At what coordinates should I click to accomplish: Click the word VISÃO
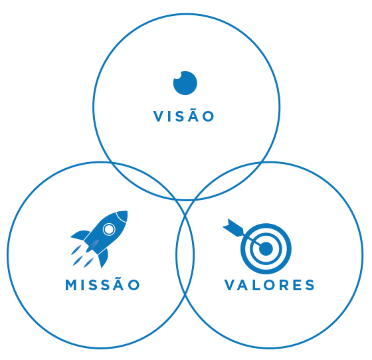point(184,116)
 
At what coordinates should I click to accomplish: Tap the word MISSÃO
point(102,284)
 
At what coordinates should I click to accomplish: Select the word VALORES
point(269,285)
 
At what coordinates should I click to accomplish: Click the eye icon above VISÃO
point(185,83)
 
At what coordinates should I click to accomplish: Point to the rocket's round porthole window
point(109,229)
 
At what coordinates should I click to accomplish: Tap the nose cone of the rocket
point(123,215)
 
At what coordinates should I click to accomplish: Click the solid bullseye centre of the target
point(266,249)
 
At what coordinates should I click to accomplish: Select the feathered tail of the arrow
point(233,228)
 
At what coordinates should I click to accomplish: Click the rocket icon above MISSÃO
point(99,239)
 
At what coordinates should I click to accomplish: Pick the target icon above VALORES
point(256,246)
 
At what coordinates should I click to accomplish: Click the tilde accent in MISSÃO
point(119,278)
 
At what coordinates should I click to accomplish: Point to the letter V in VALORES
point(229,285)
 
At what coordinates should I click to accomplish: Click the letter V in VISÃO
point(158,116)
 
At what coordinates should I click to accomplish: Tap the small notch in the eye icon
point(177,76)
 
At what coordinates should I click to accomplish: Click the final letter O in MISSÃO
point(134,285)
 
